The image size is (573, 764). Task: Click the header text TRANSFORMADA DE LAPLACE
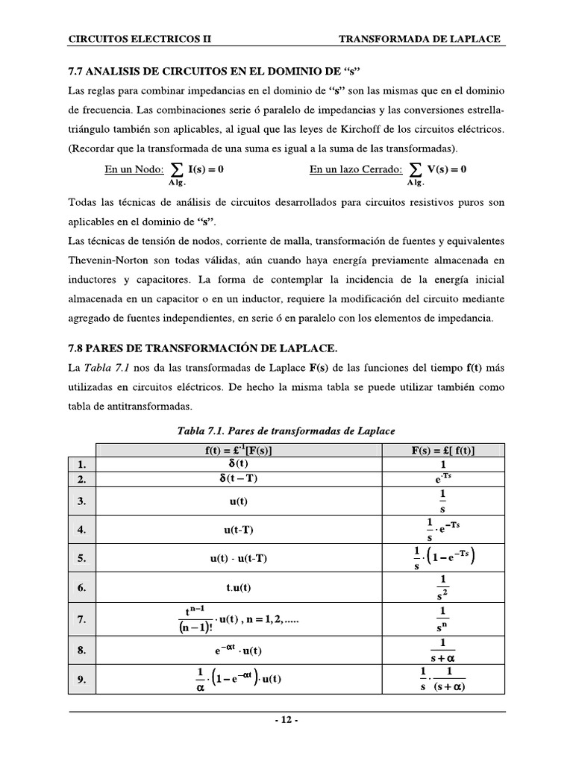click(420, 39)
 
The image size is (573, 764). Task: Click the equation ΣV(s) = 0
click(436, 170)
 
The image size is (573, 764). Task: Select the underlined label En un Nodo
click(134, 169)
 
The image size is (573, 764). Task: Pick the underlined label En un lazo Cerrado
click(357, 169)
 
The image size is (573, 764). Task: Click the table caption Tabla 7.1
click(286, 431)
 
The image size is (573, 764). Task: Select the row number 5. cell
click(83, 558)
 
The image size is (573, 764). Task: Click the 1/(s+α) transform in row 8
click(443, 650)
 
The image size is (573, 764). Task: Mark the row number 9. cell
click(83, 679)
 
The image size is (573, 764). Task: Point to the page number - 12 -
click(286, 721)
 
